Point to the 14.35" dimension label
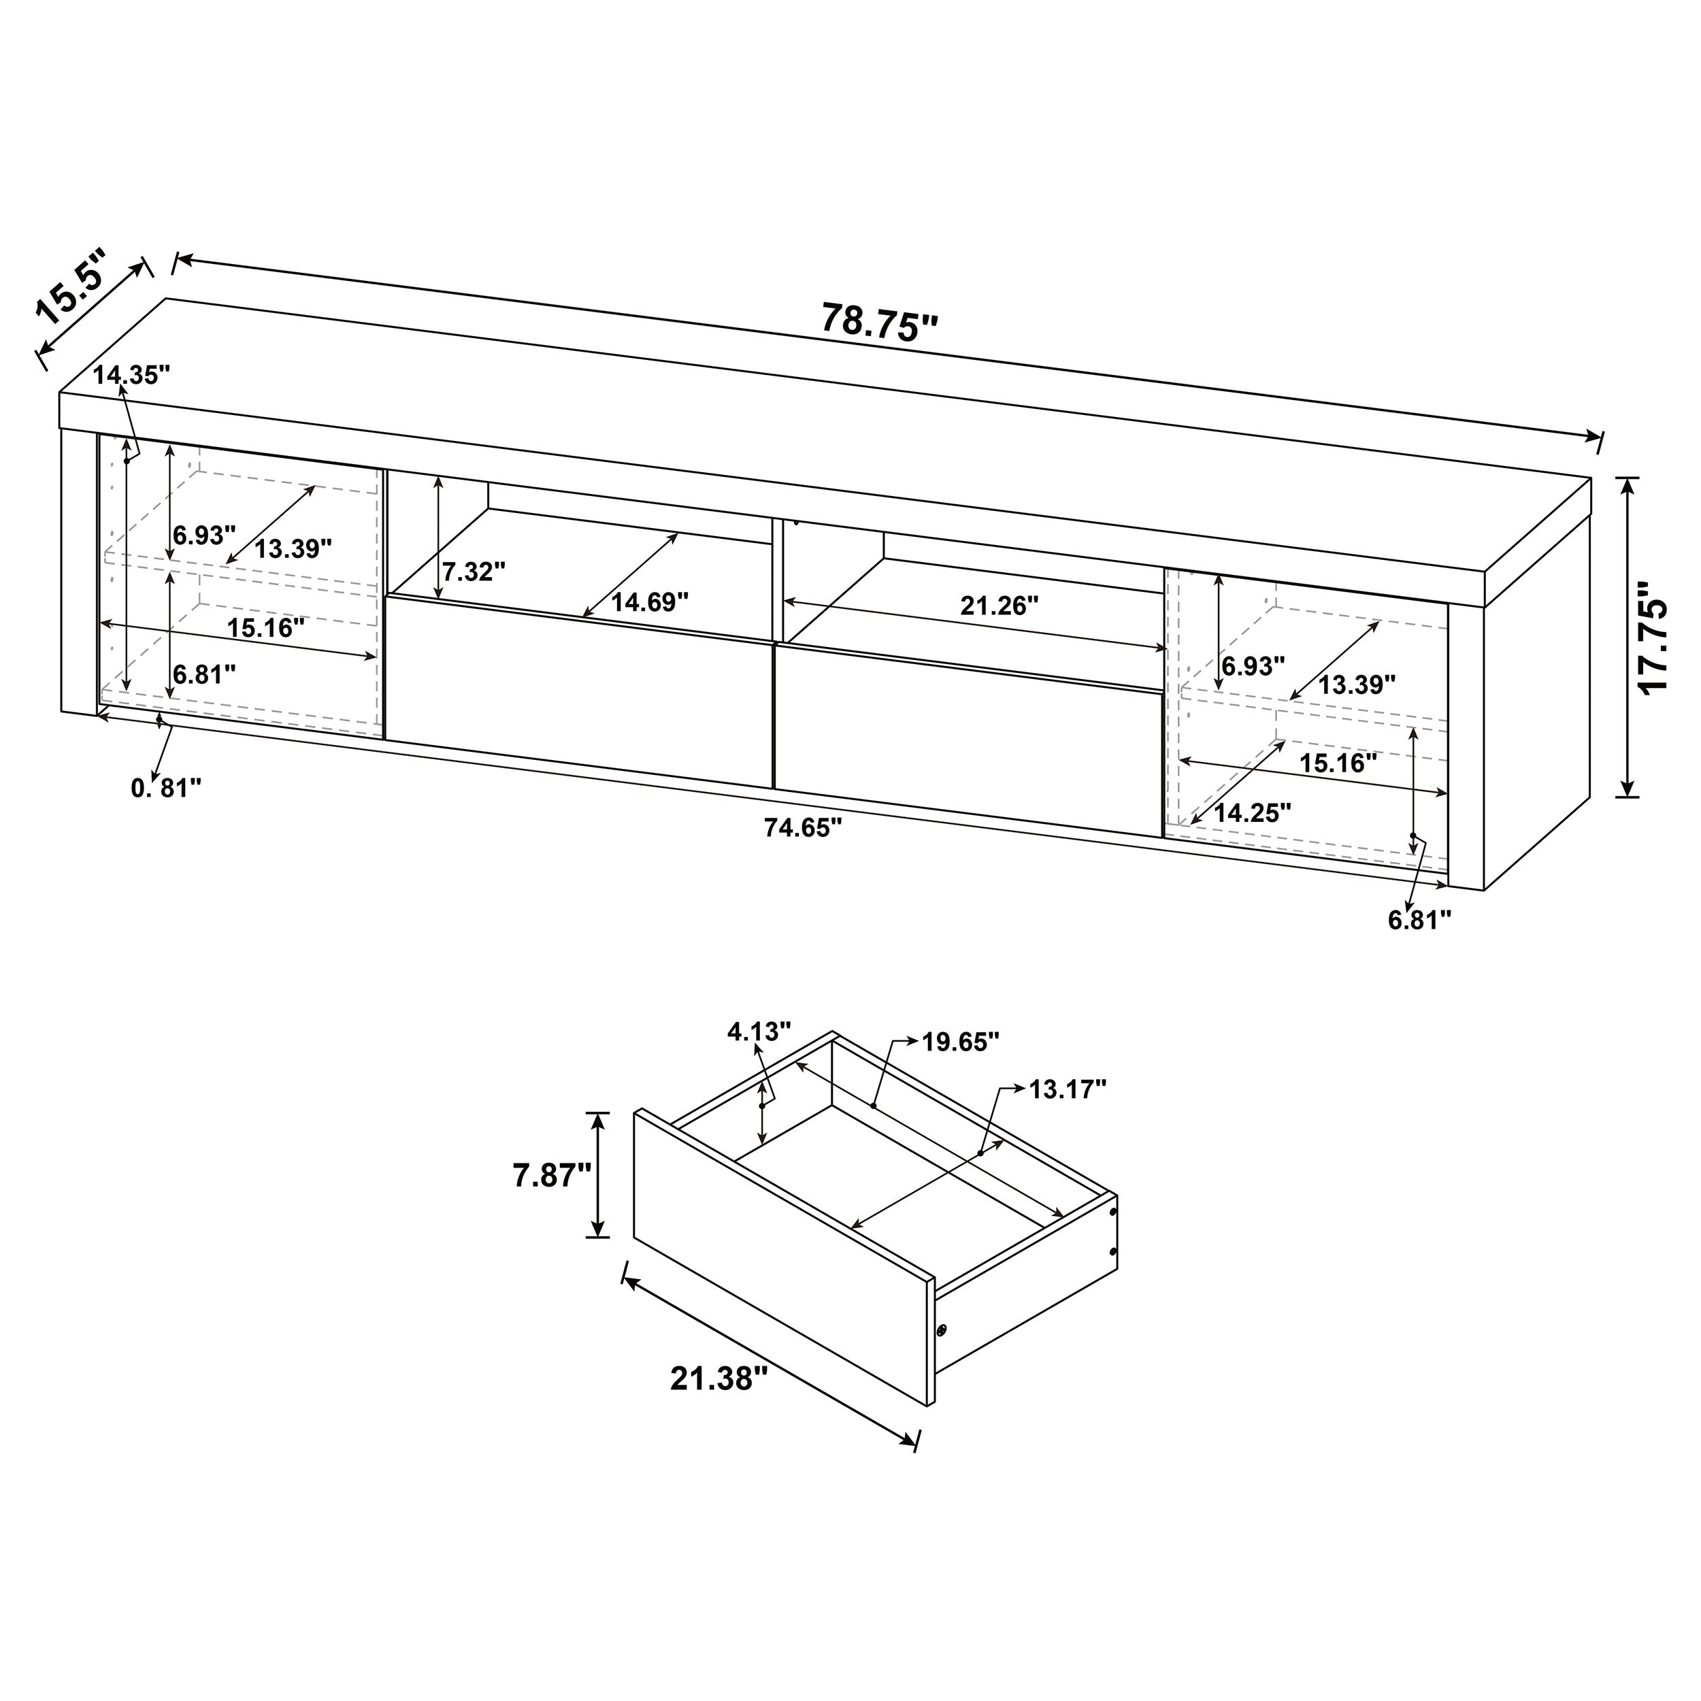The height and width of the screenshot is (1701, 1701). (131, 375)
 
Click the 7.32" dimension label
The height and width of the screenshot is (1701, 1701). (474, 572)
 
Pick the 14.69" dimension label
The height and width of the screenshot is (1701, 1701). (650, 602)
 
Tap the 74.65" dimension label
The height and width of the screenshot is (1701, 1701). (803, 827)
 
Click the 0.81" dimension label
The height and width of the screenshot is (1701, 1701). (167, 788)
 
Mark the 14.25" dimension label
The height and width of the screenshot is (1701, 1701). (1252, 812)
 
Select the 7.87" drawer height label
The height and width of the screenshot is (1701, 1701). (552, 1175)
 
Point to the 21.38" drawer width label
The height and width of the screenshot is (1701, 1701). (713, 1378)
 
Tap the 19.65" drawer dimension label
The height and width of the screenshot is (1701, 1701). (961, 1042)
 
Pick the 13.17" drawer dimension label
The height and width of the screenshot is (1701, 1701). (1067, 1090)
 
